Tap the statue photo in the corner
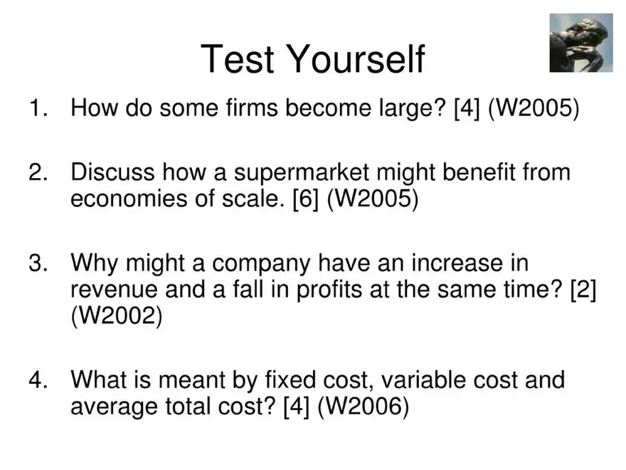(x=580, y=43)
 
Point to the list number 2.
(x=37, y=172)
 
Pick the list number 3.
(x=37, y=263)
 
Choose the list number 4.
(x=37, y=380)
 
